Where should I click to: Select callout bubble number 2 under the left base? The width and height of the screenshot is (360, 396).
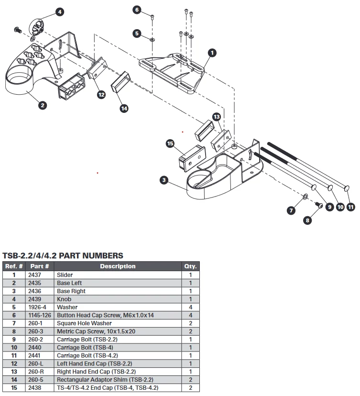click(x=43, y=105)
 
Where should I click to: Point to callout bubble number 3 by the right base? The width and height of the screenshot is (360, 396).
click(x=164, y=180)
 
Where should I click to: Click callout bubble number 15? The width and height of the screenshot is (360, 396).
click(x=170, y=143)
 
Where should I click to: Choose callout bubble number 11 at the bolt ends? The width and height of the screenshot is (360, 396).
click(x=350, y=207)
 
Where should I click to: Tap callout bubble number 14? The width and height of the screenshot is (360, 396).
click(x=124, y=109)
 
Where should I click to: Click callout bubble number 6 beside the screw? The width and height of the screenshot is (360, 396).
click(x=137, y=10)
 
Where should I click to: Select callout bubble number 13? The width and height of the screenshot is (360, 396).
click(x=217, y=117)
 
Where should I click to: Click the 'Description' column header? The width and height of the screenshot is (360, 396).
click(x=118, y=266)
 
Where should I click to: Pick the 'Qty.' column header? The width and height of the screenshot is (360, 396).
click(x=190, y=266)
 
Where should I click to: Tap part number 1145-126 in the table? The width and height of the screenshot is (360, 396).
click(x=39, y=315)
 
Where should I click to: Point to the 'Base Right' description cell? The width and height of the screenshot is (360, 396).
click(x=71, y=291)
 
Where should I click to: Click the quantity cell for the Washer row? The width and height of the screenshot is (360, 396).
click(x=190, y=307)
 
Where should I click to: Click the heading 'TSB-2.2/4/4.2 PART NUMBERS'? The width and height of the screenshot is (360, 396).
click(x=63, y=256)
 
